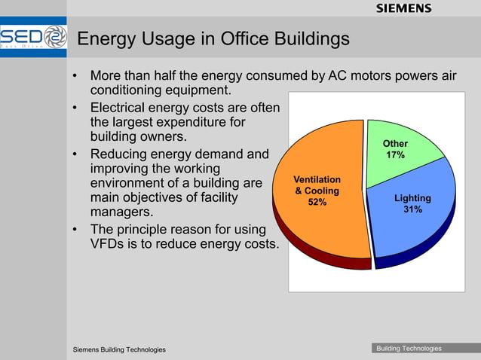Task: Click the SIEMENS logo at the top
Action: point(403,8)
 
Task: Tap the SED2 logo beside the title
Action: point(34,38)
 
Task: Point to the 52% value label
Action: point(317,202)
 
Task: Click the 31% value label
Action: point(412,209)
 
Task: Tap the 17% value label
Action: point(395,155)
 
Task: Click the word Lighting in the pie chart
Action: point(412,198)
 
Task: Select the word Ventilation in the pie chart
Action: point(317,180)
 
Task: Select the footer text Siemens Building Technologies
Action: point(119,349)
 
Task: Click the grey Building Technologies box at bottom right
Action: point(409,348)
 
